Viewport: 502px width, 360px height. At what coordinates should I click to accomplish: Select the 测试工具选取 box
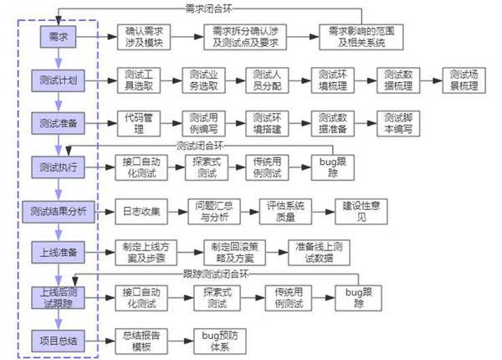point(138,80)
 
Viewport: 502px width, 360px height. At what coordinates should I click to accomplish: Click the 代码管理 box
point(138,124)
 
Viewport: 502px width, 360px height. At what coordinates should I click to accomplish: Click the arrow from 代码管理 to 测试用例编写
point(171,124)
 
